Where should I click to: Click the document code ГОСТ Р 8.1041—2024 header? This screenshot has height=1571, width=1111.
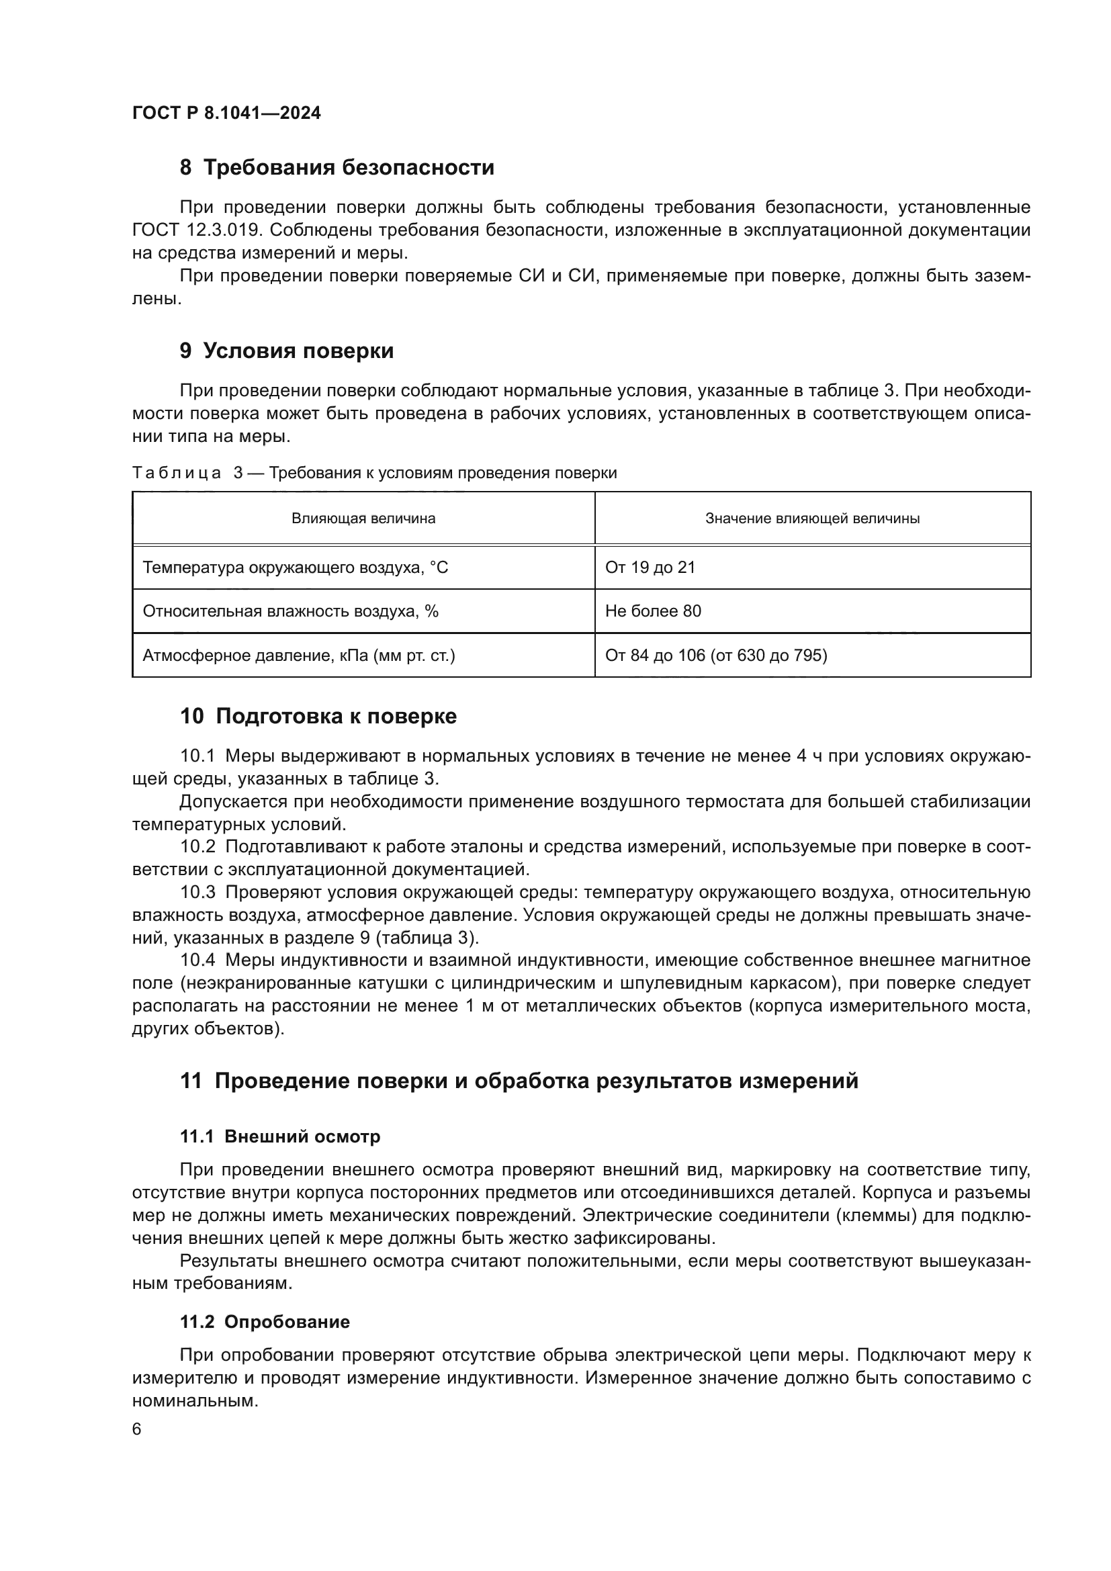pyautogui.click(x=226, y=113)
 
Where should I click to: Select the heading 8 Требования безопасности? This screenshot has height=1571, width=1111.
pyautogui.click(x=337, y=168)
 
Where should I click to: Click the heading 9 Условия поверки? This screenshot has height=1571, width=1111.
pyautogui.click(x=287, y=351)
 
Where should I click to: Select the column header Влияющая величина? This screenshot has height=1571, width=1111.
pyautogui.click(x=363, y=519)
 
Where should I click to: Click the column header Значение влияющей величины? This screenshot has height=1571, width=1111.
pyautogui.click(x=812, y=519)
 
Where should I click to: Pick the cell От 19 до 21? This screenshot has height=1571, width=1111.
pyautogui.click(x=650, y=568)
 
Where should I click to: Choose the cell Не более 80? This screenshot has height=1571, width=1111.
pyautogui.click(x=653, y=611)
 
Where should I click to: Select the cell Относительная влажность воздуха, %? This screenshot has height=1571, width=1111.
pyautogui.click(x=290, y=611)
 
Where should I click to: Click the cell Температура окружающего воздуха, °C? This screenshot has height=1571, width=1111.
pyautogui.click(x=295, y=568)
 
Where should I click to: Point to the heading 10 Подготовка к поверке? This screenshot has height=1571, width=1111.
pyautogui.click(x=318, y=717)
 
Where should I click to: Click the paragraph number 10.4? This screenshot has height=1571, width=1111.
pyautogui.click(x=197, y=960)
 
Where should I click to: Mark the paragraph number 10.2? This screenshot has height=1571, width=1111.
pyautogui.click(x=197, y=847)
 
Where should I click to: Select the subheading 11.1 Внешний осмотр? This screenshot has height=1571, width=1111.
pyautogui.click(x=280, y=1136)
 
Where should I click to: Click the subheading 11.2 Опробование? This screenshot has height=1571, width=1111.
pyautogui.click(x=265, y=1322)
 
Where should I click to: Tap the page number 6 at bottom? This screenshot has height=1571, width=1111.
pyautogui.click(x=137, y=1429)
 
